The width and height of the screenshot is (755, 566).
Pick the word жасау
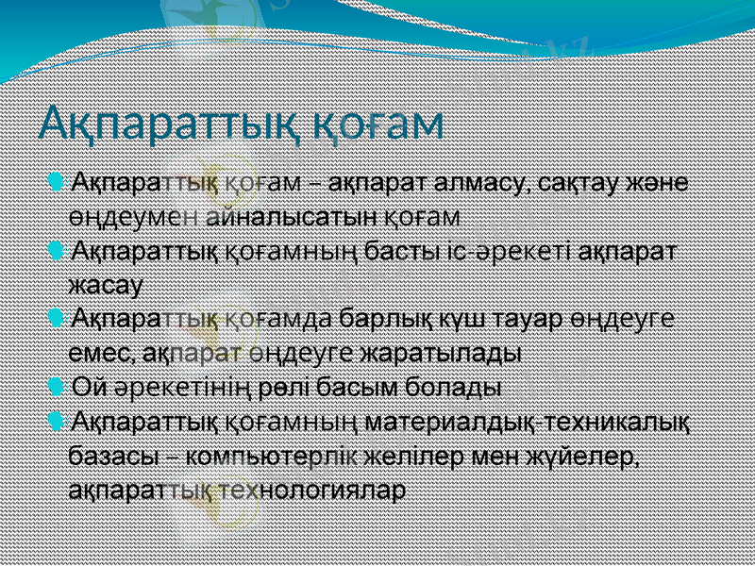(105, 282)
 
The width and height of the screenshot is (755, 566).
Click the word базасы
(112, 458)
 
